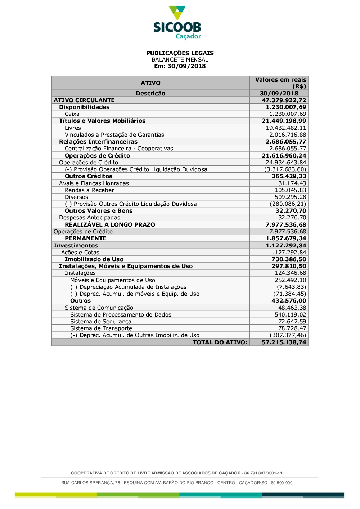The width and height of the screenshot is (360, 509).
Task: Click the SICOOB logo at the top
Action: pos(177,23)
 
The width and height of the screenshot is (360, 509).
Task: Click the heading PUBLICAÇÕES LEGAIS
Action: pos(180,53)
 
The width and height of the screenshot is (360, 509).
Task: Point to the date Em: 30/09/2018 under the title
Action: pos(180,66)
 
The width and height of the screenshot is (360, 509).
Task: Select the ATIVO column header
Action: pos(150,83)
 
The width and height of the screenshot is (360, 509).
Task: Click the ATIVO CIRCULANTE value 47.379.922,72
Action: pos(284,100)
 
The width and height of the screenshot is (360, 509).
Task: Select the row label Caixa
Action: pos(72,114)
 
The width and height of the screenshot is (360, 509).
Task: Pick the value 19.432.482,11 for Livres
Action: pos(286,128)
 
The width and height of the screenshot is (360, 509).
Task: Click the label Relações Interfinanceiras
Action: pos(98,142)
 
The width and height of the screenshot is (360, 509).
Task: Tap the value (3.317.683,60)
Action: pos(285,169)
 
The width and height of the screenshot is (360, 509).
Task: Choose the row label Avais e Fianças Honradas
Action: pos(94,183)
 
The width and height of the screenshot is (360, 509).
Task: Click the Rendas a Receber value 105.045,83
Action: pos(290,190)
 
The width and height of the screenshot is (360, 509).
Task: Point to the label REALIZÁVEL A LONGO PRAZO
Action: pos(110,225)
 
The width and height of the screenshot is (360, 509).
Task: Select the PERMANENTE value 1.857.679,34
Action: pos(286,238)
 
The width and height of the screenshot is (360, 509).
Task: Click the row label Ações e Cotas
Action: pos(80,253)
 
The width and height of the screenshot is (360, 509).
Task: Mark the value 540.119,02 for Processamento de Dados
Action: pos(290,315)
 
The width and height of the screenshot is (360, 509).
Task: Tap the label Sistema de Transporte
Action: pos(101,328)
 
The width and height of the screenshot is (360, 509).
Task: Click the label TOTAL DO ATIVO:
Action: pos(220,342)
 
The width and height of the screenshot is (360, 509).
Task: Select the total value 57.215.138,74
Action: pos(284,342)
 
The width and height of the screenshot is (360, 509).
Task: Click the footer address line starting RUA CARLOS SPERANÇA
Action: pos(177,483)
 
